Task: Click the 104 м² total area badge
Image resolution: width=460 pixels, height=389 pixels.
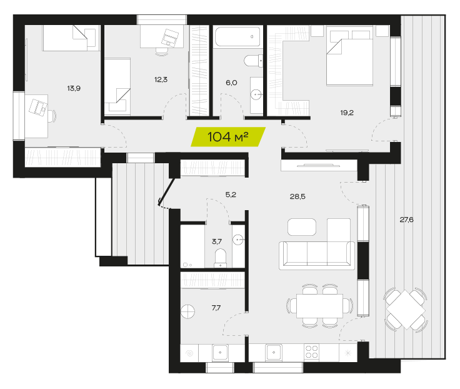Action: (x=228, y=137)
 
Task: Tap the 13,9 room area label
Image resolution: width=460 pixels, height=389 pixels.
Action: (x=74, y=88)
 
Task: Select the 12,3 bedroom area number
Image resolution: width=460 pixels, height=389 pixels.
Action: (x=161, y=79)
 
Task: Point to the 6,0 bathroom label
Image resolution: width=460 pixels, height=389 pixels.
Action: (x=231, y=83)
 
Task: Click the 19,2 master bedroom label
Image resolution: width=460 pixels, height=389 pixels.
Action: (x=347, y=113)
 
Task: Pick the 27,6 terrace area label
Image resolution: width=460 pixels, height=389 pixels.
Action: (x=407, y=220)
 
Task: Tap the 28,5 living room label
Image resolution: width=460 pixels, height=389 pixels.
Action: (x=297, y=197)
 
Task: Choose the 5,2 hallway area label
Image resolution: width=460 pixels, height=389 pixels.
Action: (x=231, y=194)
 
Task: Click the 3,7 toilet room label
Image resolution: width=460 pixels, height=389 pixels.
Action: (x=217, y=241)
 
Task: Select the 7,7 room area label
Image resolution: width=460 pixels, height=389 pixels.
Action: (x=216, y=308)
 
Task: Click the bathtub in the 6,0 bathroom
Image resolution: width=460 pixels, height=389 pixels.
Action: (x=237, y=37)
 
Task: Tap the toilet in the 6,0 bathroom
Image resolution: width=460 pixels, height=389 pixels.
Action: (x=254, y=61)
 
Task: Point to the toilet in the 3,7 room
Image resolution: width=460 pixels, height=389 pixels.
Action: (x=221, y=258)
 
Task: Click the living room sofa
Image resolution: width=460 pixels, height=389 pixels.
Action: (x=317, y=255)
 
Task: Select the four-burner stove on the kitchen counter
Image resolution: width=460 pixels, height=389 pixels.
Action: (x=311, y=351)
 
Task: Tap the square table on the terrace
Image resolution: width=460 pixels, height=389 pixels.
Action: (x=406, y=310)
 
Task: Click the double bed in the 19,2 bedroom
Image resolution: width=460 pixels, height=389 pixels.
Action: (x=350, y=56)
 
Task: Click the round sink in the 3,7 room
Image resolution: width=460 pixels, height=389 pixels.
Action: (x=238, y=240)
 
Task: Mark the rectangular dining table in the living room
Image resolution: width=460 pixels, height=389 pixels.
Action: (x=319, y=306)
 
